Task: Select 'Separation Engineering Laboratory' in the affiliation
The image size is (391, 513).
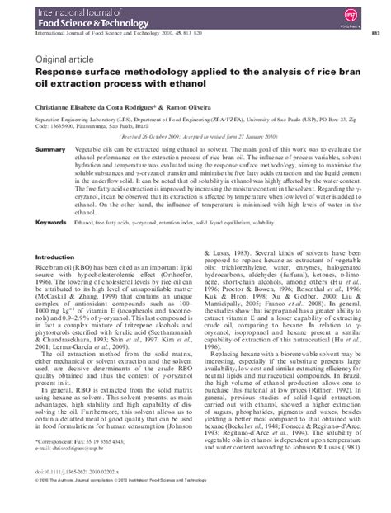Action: point(90,120)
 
